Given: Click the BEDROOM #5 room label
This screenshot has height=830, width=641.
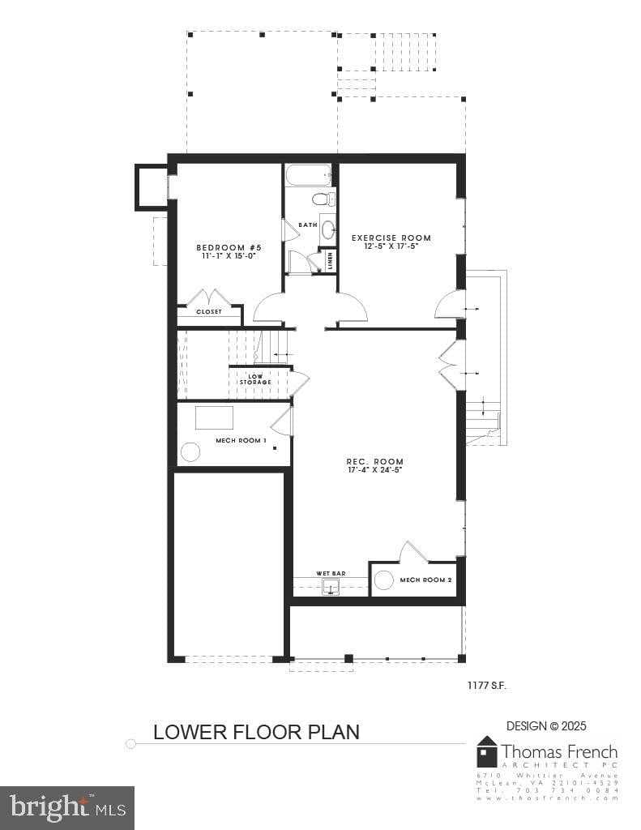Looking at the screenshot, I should (229, 247).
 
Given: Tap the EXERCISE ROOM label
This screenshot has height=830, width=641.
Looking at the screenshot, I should (391, 237).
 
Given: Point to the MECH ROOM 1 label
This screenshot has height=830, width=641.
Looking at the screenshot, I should (241, 440).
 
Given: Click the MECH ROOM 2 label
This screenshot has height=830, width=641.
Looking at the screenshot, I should (425, 580).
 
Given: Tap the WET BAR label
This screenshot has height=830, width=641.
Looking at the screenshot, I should (331, 573).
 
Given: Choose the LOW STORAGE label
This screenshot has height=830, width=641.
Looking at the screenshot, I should (254, 379).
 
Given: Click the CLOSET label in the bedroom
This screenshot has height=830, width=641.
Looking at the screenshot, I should (208, 311).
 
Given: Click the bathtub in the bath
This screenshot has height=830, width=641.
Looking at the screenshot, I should (308, 175).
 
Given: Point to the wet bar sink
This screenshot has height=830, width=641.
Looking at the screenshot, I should (331, 586).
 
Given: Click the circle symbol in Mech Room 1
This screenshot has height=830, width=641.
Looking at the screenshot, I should (190, 452).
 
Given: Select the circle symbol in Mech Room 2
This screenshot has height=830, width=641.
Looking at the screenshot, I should (384, 580).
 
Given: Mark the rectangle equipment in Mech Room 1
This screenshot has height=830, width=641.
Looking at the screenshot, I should (214, 417).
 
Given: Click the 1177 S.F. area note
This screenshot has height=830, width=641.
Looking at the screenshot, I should (486, 686).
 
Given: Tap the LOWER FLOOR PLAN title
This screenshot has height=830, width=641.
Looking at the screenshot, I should (256, 731).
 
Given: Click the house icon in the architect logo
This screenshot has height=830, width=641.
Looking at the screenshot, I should (486, 751).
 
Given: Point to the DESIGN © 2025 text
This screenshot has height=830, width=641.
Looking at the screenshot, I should (546, 725).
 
